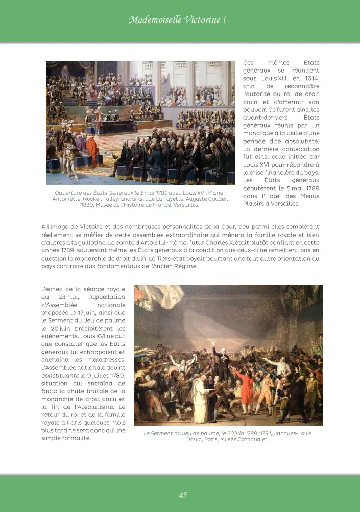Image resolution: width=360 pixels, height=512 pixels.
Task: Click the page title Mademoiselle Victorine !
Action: click(177, 20)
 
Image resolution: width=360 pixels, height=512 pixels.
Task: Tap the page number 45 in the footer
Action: click(183, 495)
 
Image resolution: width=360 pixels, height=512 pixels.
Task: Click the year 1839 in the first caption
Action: click(88, 205)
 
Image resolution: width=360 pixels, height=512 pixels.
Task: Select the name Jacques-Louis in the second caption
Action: click(293, 433)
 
